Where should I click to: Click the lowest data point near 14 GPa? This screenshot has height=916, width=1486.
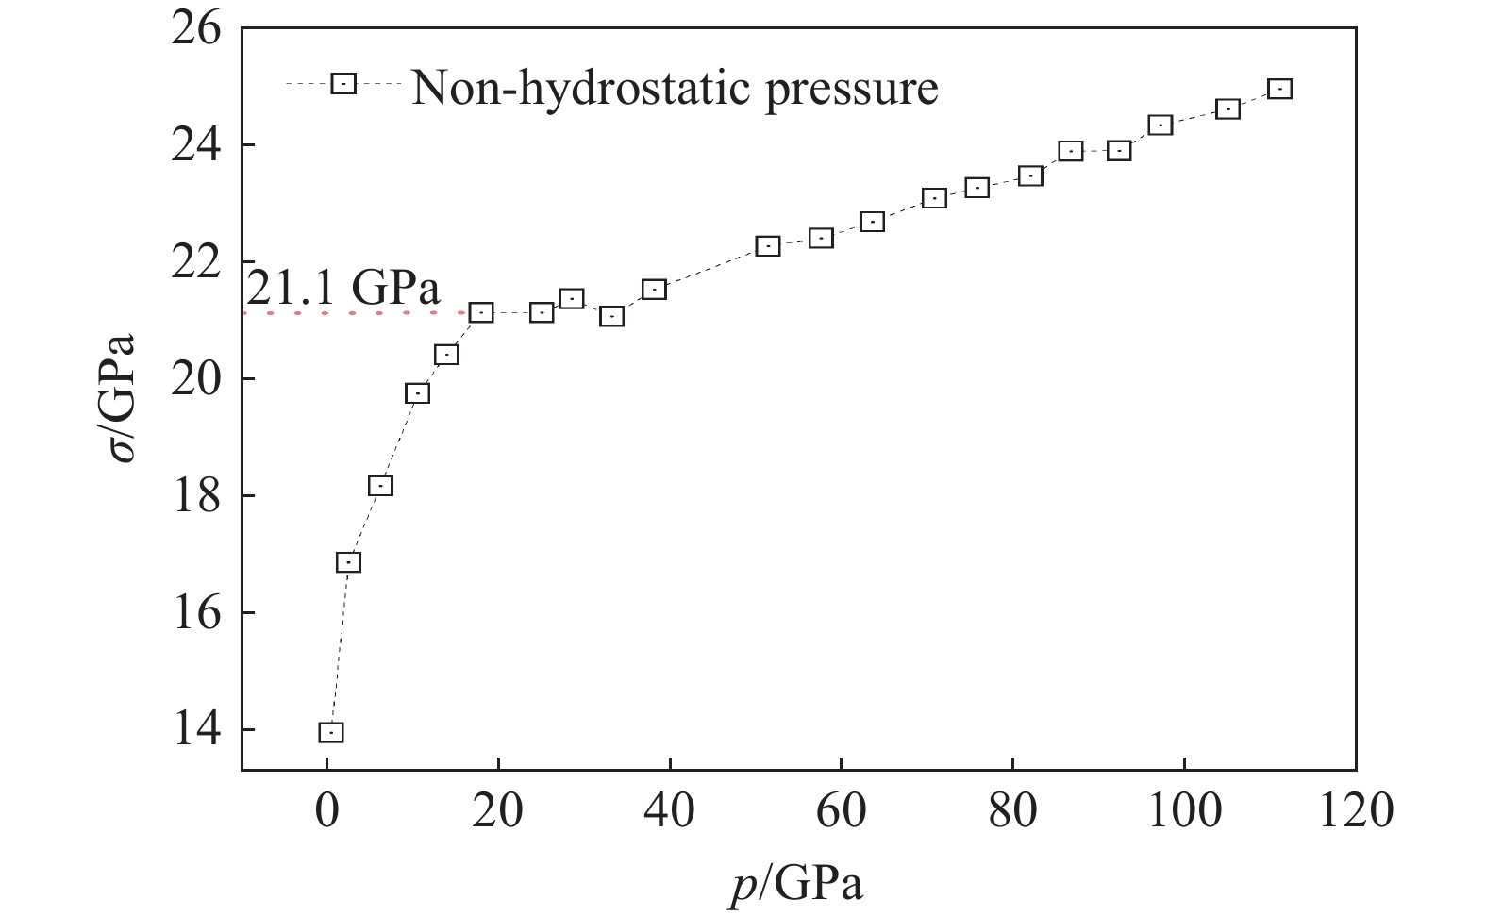tap(330, 732)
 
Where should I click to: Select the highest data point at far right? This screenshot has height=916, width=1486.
tap(1279, 89)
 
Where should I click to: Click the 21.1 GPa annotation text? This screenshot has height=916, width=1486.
tap(343, 287)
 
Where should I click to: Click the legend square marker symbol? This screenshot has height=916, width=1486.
tap(343, 83)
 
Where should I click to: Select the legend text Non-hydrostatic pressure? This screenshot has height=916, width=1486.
tap(675, 88)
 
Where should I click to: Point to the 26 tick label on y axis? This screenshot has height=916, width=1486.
tap(196, 29)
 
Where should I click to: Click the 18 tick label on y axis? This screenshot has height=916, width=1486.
tap(196, 496)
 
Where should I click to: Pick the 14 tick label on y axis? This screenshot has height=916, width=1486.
tap(196, 730)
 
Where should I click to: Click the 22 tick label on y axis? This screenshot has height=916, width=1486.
tap(196, 262)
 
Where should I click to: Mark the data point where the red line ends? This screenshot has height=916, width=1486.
tap(481, 312)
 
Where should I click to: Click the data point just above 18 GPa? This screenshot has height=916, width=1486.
tap(380, 486)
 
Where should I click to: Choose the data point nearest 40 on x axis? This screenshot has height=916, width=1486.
tap(654, 290)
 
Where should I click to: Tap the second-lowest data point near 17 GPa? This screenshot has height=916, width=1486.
tap(348, 562)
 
